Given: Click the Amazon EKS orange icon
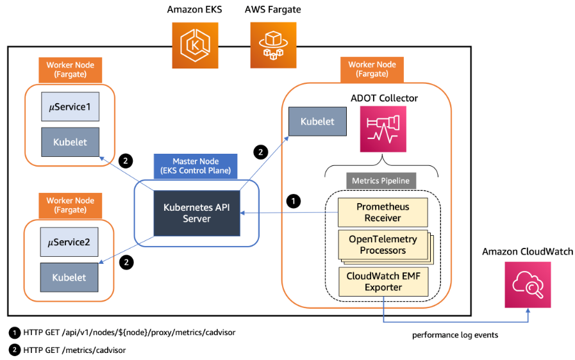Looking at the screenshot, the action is coord(195,45).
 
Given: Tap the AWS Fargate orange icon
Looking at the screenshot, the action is coord(273,45).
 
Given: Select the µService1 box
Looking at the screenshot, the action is coord(70,107).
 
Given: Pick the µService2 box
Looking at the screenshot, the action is coord(69,242).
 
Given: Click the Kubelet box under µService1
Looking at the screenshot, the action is coord(70,142).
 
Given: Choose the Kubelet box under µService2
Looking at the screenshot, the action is coord(69,277).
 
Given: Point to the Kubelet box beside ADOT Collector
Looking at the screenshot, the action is coord(317,121).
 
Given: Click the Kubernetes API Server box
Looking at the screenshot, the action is coord(197,213).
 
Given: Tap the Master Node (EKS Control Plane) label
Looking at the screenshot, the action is coord(196,166).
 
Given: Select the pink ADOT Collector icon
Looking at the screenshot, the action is coord(383,129).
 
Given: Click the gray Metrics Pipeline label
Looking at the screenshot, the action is coord(381,181).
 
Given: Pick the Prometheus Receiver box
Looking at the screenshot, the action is coord(383,212).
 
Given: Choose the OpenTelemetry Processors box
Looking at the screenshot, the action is coord(383,245).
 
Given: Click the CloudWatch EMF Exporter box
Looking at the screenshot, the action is coord(383,282).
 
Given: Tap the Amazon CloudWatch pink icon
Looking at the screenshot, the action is coord(528,284).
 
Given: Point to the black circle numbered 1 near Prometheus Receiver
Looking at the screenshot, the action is coord(294,201).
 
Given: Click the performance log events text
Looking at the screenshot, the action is coord(455,335).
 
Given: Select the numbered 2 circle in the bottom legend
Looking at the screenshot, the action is coord(14,350).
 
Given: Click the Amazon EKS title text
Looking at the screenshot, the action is coord(195,10).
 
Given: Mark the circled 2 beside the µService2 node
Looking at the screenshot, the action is coord(126,262).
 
